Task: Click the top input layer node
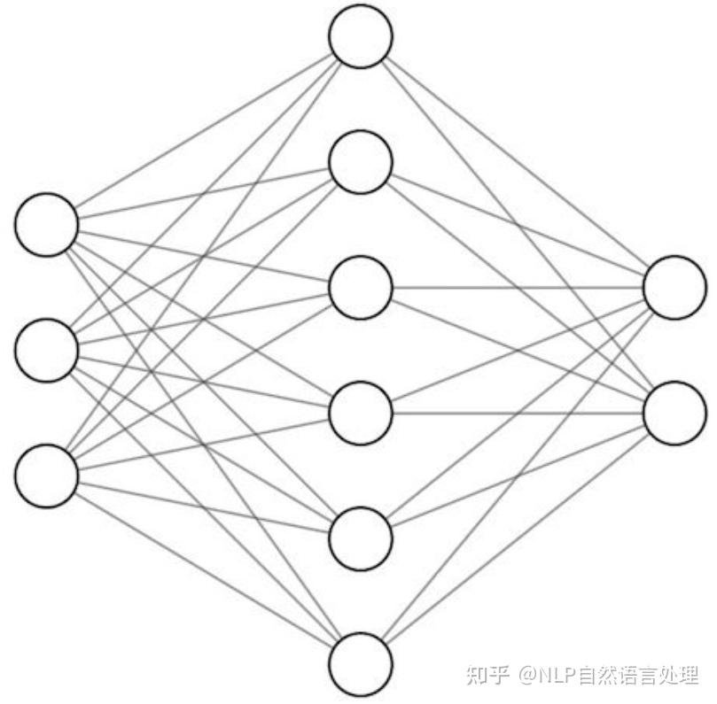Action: click(46, 225)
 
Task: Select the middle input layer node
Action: click(46, 351)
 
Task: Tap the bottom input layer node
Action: click(46, 476)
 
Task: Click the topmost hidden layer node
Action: click(360, 37)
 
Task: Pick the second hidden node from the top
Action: click(360, 162)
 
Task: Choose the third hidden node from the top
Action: click(360, 288)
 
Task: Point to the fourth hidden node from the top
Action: click(360, 413)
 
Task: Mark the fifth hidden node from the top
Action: click(360, 538)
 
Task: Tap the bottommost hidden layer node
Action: click(360, 663)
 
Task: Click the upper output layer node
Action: click(674, 288)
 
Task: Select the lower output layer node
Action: click(674, 413)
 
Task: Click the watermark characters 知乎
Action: click(487, 676)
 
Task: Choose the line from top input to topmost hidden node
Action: click(204, 130)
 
